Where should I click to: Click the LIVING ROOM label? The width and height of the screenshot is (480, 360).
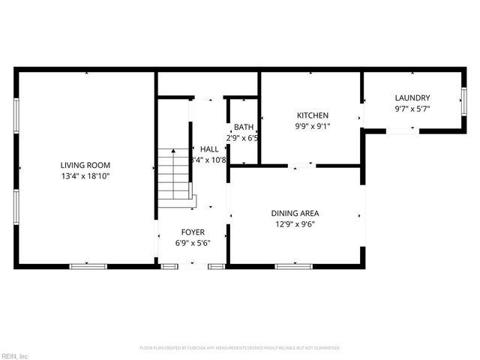[x=85, y=165]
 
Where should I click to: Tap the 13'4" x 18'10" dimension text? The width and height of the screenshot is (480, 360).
[x=85, y=175]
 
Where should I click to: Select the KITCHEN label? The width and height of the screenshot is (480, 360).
[x=312, y=115]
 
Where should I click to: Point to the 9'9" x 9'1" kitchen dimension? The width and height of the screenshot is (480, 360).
[x=312, y=126]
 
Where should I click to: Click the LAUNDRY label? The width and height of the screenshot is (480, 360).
[x=412, y=98]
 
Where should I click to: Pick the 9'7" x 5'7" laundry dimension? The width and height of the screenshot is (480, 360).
[x=412, y=109]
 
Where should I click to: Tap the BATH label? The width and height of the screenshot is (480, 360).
[x=244, y=127]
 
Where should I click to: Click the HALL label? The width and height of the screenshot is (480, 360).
[x=209, y=149]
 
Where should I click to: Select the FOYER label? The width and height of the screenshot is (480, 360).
[x=193, y=232]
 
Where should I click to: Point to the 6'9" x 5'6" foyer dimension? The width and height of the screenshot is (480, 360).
[x=193, y=243]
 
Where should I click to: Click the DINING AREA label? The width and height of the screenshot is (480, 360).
[x=295, y=213]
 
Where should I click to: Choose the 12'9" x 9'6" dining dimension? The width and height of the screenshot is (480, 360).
[x=295, y=223]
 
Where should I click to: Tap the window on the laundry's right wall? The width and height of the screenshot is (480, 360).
[x=463, y=100]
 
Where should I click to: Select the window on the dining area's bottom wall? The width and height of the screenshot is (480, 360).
[x=293, y=265]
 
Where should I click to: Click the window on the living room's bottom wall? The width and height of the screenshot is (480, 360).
[x=88, y=265]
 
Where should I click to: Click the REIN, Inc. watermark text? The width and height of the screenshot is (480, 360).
[x=14, y=355]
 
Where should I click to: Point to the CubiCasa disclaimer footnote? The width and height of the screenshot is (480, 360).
[x=240, y=348]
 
